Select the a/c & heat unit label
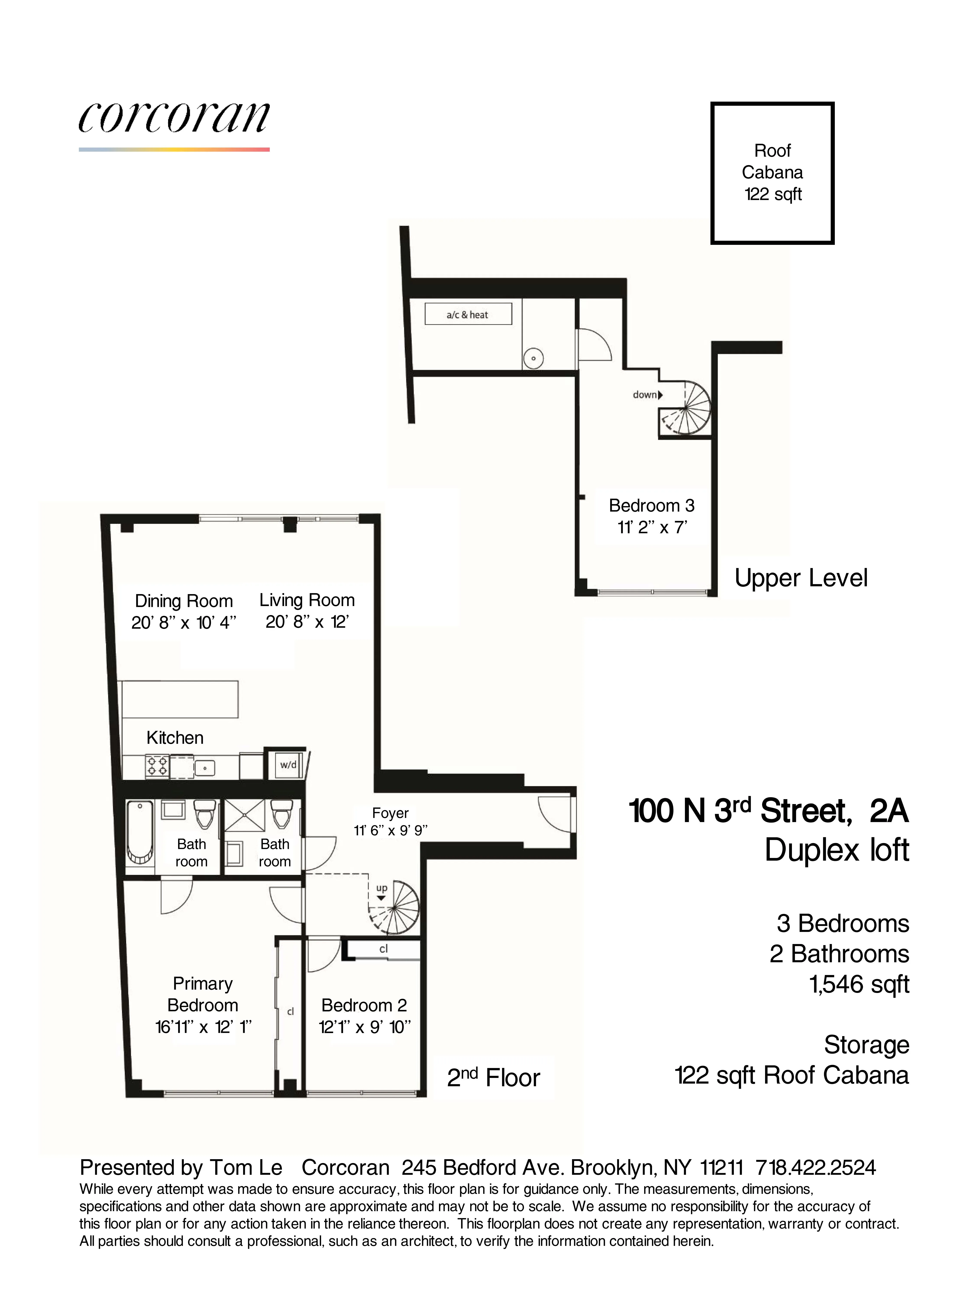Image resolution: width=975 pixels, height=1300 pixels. pyautogui.click(x=468, y=314)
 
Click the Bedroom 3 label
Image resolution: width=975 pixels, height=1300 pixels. pyautogui.click(x=651, y=505)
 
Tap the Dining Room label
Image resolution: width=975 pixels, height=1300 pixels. pyautogui.click(x=184, y=601)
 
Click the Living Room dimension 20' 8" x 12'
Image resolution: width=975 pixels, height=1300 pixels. pyautogui.click(x=307, y=622)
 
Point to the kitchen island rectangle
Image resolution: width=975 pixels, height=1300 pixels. pyautogui.click(x=180, y=699)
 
